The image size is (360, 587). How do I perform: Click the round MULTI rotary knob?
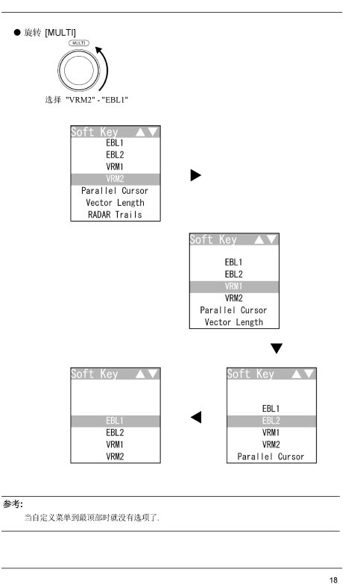[78, 70]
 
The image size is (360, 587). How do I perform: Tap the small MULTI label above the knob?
[79, 43]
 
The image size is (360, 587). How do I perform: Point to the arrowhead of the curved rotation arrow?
[99, 50]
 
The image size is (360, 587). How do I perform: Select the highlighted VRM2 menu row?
[116, 179]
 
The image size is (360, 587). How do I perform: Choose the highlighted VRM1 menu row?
[234, 286]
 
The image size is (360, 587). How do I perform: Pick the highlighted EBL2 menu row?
[271, 421]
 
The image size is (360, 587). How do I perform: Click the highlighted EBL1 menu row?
[116, 421]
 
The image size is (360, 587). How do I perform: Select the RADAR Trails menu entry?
[116, 215]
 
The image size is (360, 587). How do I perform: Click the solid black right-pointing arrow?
[196, 175]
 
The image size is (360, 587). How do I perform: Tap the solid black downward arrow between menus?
[277, 348]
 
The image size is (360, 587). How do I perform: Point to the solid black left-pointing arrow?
[196, 417]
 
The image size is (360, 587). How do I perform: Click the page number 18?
[333, 580]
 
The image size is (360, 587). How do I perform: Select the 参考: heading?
[13, 504]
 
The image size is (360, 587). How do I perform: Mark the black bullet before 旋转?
[17, 32]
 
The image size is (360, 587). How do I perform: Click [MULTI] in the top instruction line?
[60, 33]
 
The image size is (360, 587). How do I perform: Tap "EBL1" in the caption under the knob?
[115, 100]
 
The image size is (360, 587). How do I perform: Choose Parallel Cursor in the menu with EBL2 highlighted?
[271, 456]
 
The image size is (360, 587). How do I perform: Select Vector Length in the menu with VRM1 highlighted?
[234, 322]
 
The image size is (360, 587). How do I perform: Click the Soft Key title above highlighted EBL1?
[95, 374]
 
